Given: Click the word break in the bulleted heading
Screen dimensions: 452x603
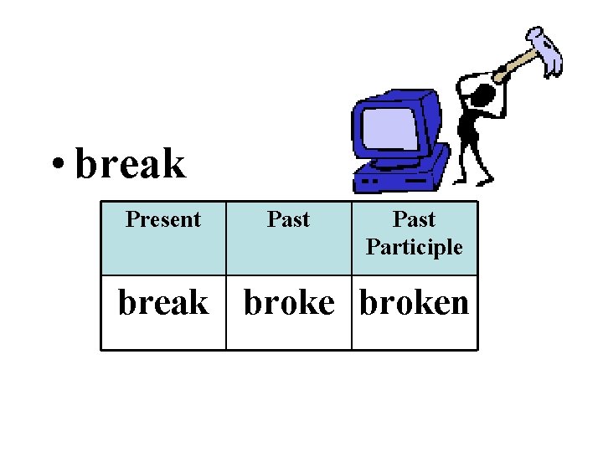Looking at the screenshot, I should click(x=130, y=163).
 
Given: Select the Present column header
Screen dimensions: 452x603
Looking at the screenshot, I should click(x=163, y=220).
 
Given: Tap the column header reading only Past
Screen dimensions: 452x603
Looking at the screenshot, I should click(x=288, y=220).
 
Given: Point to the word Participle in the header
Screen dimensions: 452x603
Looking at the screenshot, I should click(x=414, y=247).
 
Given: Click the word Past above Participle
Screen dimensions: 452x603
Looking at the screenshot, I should click(x=414, y=219).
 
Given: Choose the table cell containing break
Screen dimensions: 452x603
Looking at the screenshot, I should click(x=163, y=302).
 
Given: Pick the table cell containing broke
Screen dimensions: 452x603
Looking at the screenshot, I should click(x=288, y=302).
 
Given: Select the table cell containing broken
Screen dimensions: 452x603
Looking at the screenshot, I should click(x=415, y=302).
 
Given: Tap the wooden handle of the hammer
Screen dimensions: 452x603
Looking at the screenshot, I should click(x=516, y=64).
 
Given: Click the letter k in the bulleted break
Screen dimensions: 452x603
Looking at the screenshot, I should click(x=174, y=163).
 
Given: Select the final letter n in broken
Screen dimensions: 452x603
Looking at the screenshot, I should click(x=457, y=302).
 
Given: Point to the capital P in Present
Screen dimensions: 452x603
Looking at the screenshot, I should click(x=131, y=220).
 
